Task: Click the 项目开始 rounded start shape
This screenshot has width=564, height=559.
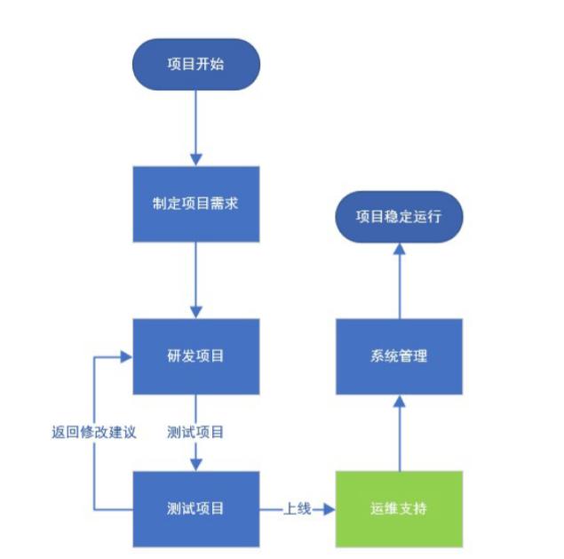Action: [195, 64]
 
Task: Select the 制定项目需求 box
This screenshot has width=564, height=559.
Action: [195, 204]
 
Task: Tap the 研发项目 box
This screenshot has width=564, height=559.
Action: [195, 356]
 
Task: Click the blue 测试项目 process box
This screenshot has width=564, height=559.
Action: [195, 509]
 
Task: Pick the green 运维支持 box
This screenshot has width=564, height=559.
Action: [399, 509]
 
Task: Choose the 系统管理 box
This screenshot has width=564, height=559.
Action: [399, 356]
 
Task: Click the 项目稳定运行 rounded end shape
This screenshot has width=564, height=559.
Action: [399, 216]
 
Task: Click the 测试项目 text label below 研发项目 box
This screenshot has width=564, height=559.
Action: [195, 434]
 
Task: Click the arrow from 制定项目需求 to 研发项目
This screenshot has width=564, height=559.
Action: [195, 280]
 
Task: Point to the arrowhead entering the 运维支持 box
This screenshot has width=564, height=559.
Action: [330, 509]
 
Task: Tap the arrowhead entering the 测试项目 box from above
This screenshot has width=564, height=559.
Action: [195, 463]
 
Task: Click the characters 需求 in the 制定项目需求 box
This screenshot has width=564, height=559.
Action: [224, 204]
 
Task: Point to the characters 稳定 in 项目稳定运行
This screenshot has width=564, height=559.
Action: [399, 216]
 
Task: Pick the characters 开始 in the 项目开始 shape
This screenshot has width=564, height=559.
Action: [210, 64]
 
